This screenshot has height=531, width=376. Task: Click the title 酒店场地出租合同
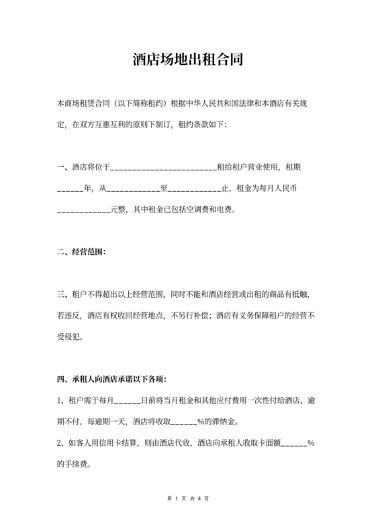[x=187, y=59]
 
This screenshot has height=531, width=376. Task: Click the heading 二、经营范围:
[x=81, y=253]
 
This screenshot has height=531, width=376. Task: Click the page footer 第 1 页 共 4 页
[x=187, y=499]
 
